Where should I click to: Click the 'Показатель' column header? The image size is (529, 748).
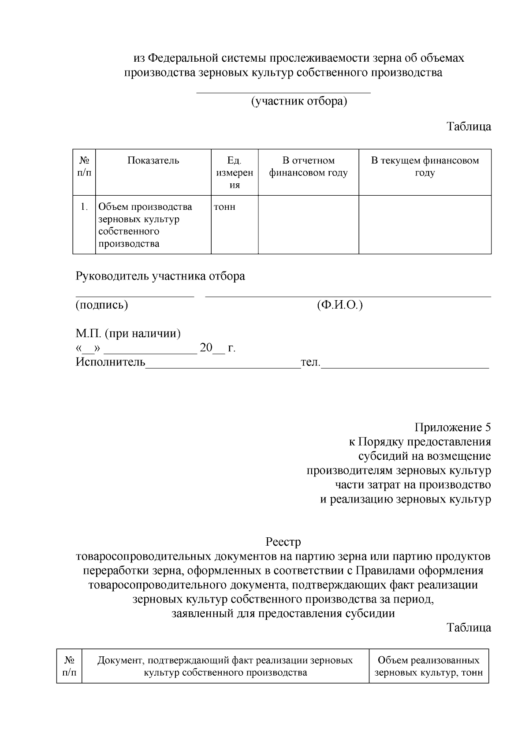[x=153, y=160]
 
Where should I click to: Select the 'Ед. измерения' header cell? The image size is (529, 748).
[x=235, y=172]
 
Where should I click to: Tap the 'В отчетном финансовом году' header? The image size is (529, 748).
[x=308, y=167]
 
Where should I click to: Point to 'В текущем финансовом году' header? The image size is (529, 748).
[x=425, y=167]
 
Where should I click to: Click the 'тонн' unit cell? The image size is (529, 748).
[x=224, y=207]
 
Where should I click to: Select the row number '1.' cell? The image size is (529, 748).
[x=84, y=207]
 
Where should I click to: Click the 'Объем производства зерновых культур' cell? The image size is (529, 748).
[x=145, y=225]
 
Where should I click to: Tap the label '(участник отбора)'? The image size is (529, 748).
[x=299, y=102]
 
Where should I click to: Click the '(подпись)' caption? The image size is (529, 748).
[x=102, y=305]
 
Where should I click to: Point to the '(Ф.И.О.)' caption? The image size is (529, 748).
[x=339, y=305]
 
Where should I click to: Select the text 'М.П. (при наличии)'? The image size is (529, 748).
[x=128, y=334]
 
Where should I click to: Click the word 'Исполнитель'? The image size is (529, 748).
[x=110, y=362]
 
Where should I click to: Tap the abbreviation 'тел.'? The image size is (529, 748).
[x=310, y=363]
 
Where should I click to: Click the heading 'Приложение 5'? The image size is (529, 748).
[x=452, y=427]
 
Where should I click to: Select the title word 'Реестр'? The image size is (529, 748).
[x=283, y=541]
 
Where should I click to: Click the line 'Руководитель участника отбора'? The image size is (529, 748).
[x=160, y=276]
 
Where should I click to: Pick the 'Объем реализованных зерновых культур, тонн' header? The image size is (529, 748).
[x=428, y=666]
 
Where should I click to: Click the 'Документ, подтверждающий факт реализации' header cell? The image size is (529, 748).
[x=225, y=666]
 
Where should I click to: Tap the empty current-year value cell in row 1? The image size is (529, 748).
[x=425, y=225]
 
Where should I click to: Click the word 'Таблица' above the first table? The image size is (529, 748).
[x=469, y=127]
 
